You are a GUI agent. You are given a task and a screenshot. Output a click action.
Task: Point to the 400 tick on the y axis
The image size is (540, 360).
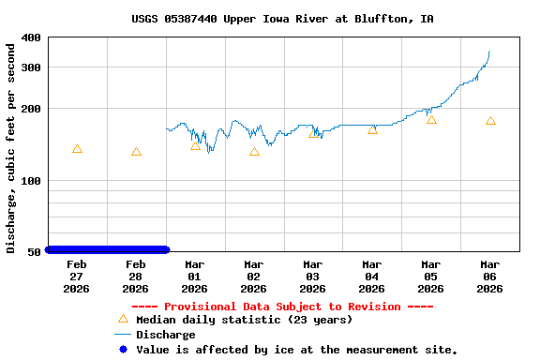point(31,37)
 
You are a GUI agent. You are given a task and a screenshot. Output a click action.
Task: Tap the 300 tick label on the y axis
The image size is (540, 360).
point(31,67)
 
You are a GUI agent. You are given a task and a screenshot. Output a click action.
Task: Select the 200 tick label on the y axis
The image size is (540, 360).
point(31,109)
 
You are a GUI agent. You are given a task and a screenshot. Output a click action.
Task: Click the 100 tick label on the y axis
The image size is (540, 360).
point(31,180)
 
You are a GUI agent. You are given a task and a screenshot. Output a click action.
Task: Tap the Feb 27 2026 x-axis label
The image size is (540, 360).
point(77,277)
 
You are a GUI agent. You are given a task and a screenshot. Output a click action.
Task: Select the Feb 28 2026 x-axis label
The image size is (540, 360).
point(136,277)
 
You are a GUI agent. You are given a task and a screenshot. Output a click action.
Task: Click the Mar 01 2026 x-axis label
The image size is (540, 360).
point(195,277)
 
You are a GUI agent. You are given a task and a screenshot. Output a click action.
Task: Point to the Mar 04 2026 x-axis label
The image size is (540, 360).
point(372,277)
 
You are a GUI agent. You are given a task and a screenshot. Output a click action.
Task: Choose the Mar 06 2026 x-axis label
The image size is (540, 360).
point(490,277)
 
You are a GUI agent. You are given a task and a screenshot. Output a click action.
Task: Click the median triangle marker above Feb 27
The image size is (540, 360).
point(77,149)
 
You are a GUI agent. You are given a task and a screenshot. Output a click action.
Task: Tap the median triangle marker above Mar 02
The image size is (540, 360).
point(254,151)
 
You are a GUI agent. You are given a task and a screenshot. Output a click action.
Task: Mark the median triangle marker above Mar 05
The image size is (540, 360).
point(431,119)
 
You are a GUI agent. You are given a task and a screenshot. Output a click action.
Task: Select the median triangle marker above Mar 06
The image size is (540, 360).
point(490,121)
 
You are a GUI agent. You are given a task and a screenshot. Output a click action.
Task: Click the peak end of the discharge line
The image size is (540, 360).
point(489,52)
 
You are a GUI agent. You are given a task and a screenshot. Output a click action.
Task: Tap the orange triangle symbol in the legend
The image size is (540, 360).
point(122,319)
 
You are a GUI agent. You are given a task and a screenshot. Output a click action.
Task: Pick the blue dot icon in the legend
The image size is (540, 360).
point(122,349)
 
